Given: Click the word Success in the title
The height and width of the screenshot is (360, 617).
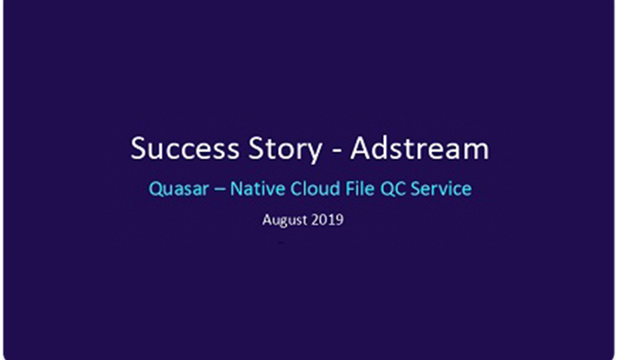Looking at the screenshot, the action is (x=185, y=148).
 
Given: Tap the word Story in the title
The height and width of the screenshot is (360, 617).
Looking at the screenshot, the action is (x=285, y=149).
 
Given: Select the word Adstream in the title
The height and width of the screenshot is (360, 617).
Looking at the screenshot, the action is (x=419, y=148).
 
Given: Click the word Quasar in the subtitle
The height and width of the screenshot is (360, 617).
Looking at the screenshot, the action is (x=179, y=188).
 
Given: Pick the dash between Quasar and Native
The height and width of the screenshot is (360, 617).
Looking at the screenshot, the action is (x=219, y=190).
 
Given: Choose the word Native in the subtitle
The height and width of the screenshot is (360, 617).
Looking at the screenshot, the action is (x=258, y=188).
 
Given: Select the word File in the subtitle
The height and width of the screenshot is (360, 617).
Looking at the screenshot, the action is (x=360, y=188).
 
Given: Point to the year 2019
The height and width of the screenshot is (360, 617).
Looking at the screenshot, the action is (x=329, y=220).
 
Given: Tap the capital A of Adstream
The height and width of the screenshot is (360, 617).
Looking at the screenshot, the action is (x=361, y=148).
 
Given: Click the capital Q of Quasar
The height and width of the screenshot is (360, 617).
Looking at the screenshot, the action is (x=156, y=189).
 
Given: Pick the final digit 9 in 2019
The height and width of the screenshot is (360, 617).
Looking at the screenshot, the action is (x=340, y=220).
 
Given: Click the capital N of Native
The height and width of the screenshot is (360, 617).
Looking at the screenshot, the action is (x=237, y=188).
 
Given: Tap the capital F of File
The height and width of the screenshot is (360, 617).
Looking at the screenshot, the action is (x=350, y=188).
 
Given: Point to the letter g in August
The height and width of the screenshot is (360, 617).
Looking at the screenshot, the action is (x=283, y=221).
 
